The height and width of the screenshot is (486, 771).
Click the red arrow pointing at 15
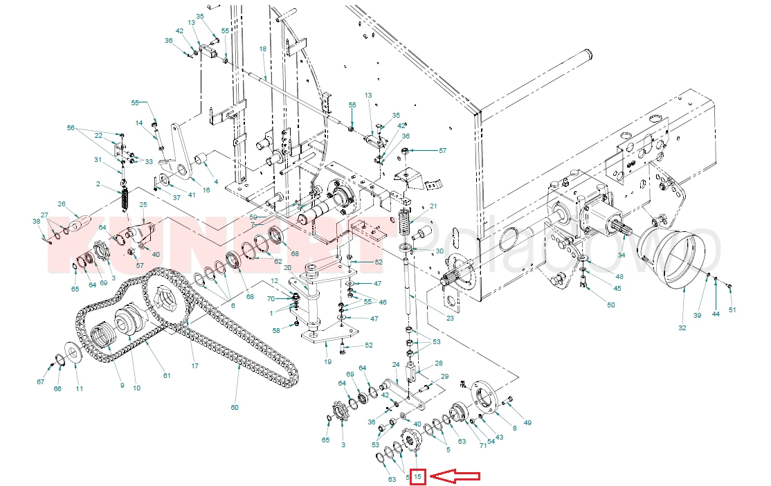(455, 476)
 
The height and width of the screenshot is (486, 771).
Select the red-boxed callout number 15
(417, 477)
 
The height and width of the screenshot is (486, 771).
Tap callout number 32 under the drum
(682, 328)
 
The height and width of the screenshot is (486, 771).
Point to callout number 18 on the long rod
(262, 49)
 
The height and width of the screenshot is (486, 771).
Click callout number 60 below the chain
(235, 407)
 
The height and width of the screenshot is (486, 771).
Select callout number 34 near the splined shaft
(621, 255)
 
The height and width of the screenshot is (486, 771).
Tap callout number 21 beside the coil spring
(433, 206)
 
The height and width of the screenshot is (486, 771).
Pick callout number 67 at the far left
(40, 382)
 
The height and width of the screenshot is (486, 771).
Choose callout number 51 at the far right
(732, 309)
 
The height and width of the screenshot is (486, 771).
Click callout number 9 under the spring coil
(121, 385)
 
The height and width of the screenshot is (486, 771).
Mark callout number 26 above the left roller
(61, 204)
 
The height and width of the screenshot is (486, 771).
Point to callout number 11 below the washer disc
(79, 389)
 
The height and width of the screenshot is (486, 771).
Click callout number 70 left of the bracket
(271, 299)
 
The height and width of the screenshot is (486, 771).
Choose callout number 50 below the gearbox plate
(610, 305)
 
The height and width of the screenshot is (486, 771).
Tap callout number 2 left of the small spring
(99, 184)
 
